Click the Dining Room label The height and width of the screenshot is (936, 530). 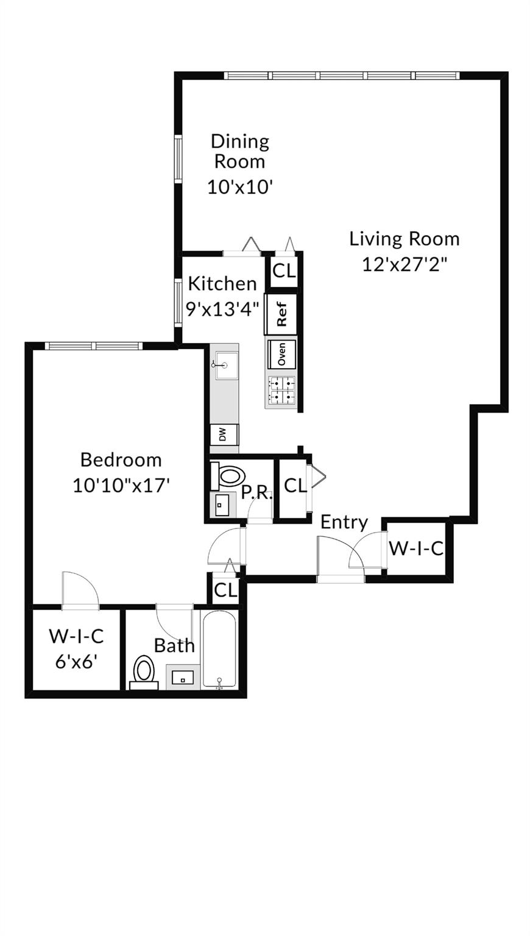[x=240, y=151]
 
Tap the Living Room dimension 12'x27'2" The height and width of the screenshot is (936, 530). [x=405, y=264]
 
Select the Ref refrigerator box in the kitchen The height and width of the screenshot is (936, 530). [x=281, y=314]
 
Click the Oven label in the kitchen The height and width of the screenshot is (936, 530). [x=282, y=354]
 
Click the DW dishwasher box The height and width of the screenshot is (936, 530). [x=224, y=434]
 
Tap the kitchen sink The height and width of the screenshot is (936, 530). [x=226, y=365]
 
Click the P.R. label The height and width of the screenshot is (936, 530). [x=257, y=493]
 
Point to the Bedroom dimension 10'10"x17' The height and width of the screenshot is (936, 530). [x=121, y=486]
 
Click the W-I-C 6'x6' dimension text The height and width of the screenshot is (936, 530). [x=76, y=662]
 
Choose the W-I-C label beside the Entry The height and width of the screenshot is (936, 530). [x=416, y=548]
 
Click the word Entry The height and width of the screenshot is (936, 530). [x=344, y=523]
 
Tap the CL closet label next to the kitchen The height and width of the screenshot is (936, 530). [x=284, y=271]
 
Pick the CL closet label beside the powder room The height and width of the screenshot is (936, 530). [x=295, y=486]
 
